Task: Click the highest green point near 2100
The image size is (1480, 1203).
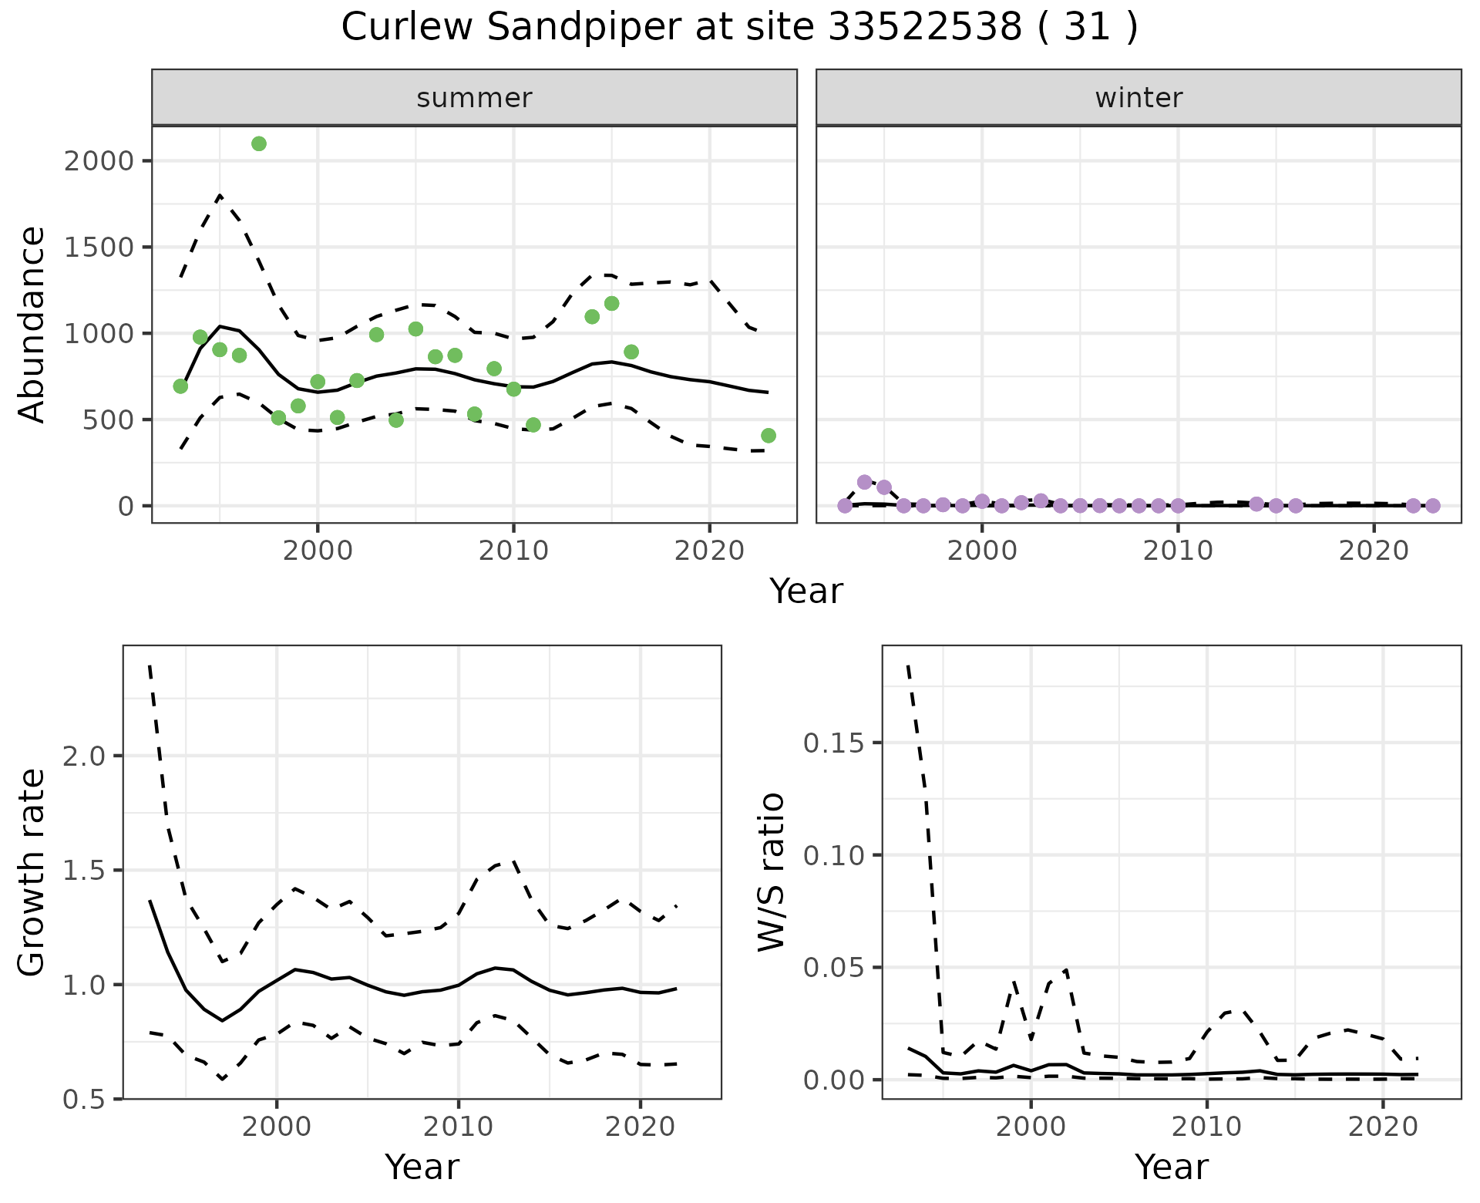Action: pyautogui.click(x=259, y=143)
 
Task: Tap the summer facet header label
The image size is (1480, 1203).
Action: pyautogui.click(x=474, y=98)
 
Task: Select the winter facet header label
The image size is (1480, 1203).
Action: pyautogui.click(x=1139, y=98)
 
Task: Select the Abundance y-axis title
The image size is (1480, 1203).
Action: pyautogui.click(x=32, y=324)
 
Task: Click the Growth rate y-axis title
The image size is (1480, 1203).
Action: pyautogui.click(x=32, y=873)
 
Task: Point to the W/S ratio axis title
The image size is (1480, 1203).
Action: pyautogui.click(x=771, y=873)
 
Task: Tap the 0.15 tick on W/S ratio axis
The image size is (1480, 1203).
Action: pyautogui.click(x=833, y=743)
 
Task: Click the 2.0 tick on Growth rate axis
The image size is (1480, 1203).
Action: pyautogui.click(x=84, y=756)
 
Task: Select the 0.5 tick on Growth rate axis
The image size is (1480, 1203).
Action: pyautogui.click(x=84, y=1100)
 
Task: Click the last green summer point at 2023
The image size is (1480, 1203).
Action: pyautogui.click(x=768, y=436)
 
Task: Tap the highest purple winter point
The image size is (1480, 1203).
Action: pyautogui.click(x=864, y=482)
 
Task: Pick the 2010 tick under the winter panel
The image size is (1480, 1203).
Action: pyautogui.click(x=1178, y=551)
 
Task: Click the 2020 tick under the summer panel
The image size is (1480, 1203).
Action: pyautogui.click(x=709, y=551)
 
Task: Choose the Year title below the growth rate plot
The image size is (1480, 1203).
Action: pyautogui.click(x=422, y=1167)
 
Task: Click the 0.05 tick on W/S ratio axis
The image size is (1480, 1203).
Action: pyautogui.click(x=833, y=968)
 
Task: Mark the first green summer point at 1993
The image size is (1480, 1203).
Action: pyautogui.click(x=180, y=386)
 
